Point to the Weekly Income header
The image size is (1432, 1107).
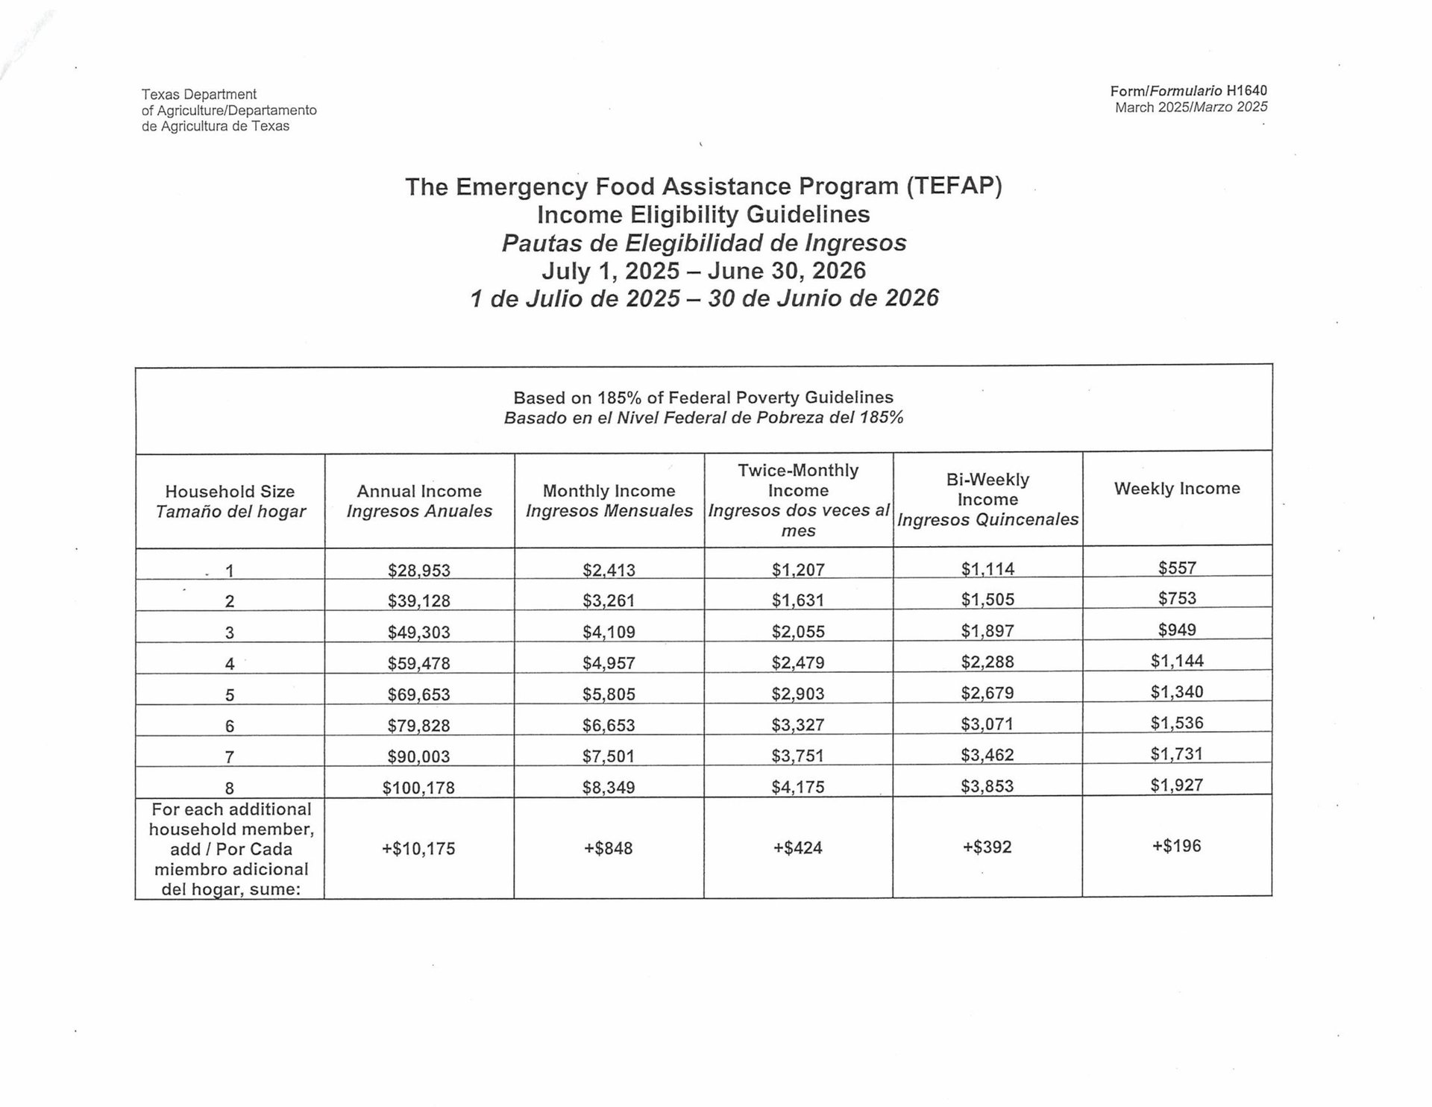click(x=1177, y=489)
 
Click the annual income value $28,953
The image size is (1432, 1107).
click(x=419, y=571)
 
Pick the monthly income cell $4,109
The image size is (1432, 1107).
click(x=609, y=633)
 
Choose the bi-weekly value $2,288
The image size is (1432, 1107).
click(x=987, y=662)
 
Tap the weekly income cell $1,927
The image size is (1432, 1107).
click(x=1177, y=785)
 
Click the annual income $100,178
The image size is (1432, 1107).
click(x=418, y=788)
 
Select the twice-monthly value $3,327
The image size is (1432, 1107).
click(x=798, y=724)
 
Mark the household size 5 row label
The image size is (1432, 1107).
click(x=230, y=695)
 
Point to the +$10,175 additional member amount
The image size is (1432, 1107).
click(x=418, y=849)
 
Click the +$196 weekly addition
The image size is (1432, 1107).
click(x=1177, y=846)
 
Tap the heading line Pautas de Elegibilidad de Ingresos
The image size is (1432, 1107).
click(x=704, y=243)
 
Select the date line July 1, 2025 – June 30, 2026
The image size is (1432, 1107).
click(x=704, y=270)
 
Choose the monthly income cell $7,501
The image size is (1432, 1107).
click(x=609, y=756)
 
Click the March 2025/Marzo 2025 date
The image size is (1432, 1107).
click(x=1191, y=107)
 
